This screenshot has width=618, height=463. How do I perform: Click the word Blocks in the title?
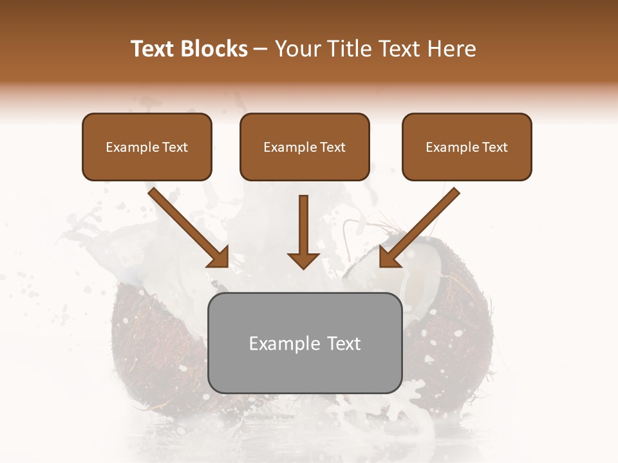[x=216, y=49]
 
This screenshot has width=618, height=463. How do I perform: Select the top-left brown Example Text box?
[x=147, y=147]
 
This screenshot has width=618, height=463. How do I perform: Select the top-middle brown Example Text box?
[x=304, y=147]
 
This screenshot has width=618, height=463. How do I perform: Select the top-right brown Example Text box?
[x=467, y=147]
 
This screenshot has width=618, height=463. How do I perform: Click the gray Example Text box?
[x=304, y=343]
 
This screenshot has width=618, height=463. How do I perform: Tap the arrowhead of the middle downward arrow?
[x=304, y=260]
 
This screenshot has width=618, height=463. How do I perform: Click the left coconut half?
[x=161, y=347]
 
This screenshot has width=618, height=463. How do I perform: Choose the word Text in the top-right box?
[x=495, y=147]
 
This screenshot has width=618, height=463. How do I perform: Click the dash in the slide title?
[x=261, y=49]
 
